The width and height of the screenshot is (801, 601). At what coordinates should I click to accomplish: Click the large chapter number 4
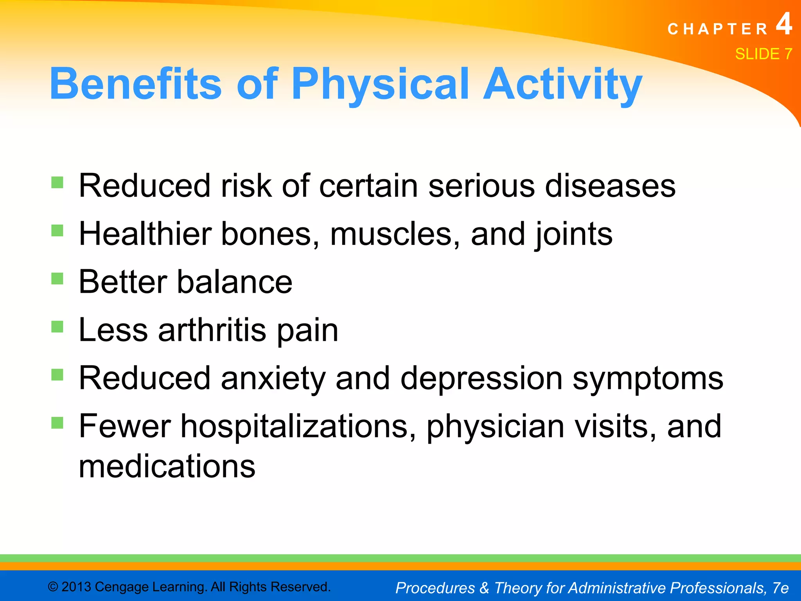tap(784, 24)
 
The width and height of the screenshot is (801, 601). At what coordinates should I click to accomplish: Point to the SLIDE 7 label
tap(763, 54)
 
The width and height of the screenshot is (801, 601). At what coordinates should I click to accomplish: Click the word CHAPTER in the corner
tap(718, 29)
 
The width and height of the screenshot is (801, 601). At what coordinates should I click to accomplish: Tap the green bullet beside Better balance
tap(57, 279)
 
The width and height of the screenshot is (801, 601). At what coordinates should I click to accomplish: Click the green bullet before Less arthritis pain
tap(57, 327)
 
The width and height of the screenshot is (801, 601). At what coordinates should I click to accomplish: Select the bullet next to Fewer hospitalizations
tap(57, 423)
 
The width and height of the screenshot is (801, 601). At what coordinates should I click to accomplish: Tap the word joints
tap(574, 234)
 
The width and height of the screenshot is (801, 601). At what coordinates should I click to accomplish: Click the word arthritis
tap(212, 330)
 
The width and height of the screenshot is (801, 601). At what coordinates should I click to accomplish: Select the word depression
tap(481, 378)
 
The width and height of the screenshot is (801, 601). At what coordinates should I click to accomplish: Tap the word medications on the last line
tap(167, 466)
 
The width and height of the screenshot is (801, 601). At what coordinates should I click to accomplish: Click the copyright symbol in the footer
tap(53, 587)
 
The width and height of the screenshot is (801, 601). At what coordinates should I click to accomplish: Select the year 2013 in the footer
tap(76, 587)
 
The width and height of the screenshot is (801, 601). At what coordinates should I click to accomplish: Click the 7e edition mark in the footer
tap(780, 588)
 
